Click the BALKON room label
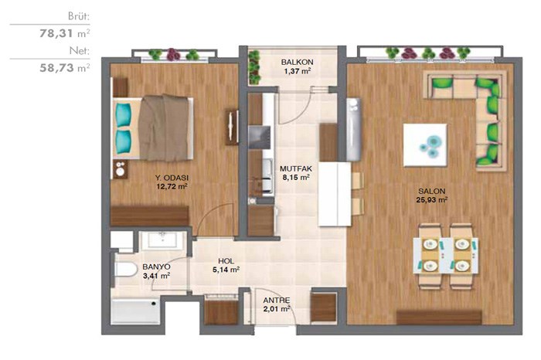tap(297, 63)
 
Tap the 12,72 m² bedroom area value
tap(172, 187)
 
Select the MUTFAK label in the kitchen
tap(296, 169)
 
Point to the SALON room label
tap(431, 191)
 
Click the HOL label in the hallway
tap(226, 261)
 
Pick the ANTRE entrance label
tap(277, 301)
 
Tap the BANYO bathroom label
tap(156, 267)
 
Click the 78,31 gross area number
tap(56, 33)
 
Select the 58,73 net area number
tap(56, 67)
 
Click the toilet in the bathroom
tap(125, 269)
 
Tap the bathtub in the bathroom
tap(135, 311)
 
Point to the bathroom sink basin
tap(162, 239)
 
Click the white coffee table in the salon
tap(425, 145)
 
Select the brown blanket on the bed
tap(164, 128)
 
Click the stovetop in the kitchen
tap(259, 138)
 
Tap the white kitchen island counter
tap(335, 194)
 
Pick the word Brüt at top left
tap(79, 16)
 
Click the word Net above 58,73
tap(80, 51)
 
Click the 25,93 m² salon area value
tap(431, 199)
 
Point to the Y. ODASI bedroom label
tap(172, 178)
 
